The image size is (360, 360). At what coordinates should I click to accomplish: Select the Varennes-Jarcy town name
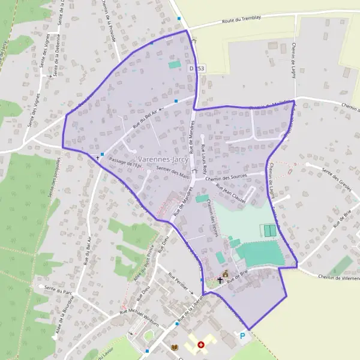click(x=163, y=152)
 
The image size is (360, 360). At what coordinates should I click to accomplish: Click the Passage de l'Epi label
click(x=124, y=163)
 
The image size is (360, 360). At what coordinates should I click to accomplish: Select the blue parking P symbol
click(x=243, y=336)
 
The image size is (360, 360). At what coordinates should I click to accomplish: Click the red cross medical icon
click(x=201, y=345)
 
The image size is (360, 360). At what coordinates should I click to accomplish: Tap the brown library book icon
click(x=175, y=347)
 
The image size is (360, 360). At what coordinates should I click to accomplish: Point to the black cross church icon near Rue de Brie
click(x=220, y=280)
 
